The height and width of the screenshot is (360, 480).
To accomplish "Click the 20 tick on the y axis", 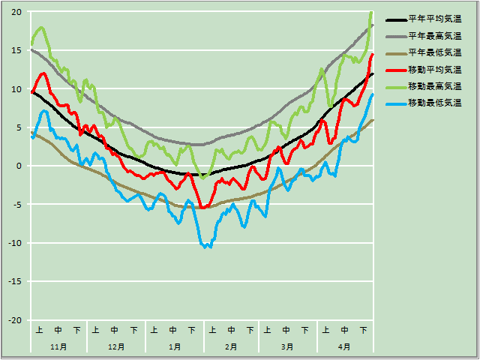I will (16, 12).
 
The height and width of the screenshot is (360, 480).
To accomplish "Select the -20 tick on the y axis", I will (15, 320).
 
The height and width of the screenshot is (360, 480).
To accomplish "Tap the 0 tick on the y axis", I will (19, 166).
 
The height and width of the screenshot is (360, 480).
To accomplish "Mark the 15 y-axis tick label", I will (16, 50).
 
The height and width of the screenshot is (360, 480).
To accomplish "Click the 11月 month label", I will (58, 347).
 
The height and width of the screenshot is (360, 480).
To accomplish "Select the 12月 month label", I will (116, 347).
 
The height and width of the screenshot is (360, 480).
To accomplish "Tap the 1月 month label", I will (174, 347).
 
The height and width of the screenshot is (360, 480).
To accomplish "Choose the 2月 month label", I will (230, 347).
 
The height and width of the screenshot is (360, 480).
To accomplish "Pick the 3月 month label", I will (287, 347).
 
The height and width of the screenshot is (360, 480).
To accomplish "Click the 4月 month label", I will (344, 347).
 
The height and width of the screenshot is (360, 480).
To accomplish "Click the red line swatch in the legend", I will (395, 69).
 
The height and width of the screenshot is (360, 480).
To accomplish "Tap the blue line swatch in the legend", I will (395, 102).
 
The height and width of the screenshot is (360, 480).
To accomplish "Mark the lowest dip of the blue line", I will (208, 247).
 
